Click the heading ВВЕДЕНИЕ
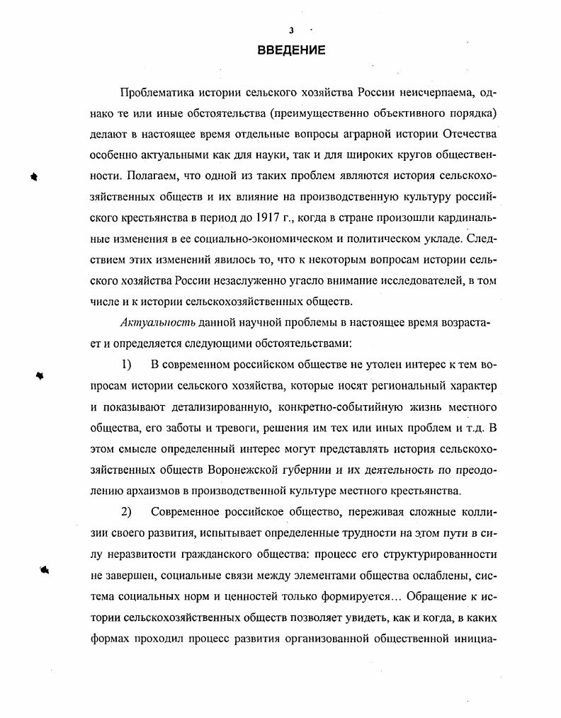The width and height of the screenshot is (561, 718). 290,50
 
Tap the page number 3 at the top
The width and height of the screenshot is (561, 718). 290,30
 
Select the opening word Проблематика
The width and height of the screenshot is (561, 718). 159,93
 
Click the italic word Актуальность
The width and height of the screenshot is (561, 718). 149,324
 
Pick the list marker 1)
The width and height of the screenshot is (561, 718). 127,365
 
